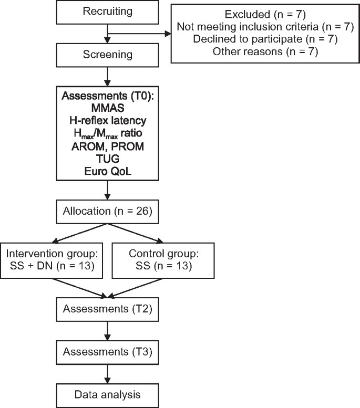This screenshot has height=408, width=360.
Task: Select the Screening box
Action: (107, 55)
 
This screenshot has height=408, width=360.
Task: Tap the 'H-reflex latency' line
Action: (107, 120)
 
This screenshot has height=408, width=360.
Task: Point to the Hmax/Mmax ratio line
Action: (107, 133)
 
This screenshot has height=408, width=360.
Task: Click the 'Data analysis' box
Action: (107, 393)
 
